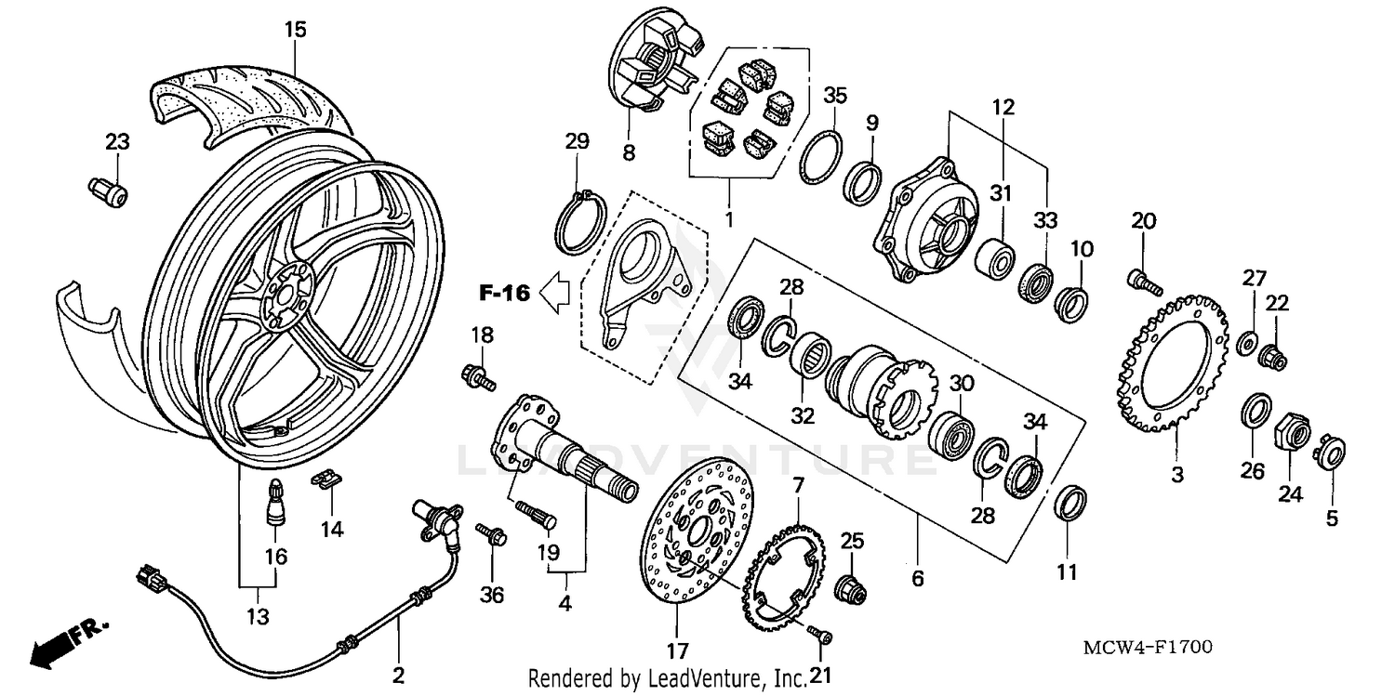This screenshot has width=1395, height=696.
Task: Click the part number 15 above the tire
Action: [295, 30]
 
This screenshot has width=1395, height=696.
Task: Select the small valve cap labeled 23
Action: [110, 191]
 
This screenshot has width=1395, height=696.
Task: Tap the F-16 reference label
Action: [504, 294]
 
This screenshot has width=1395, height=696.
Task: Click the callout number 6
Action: [917, 579]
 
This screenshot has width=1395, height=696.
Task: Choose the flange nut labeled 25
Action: [850, 586]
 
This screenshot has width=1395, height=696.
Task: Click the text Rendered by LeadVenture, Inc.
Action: [667, 679]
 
